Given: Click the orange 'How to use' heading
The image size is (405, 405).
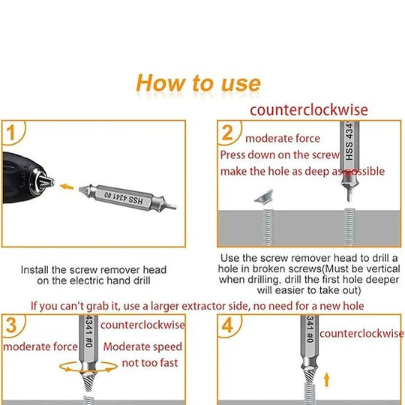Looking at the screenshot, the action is (x=198, y=83).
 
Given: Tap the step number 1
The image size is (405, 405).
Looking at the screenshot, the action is (x=10, y=133).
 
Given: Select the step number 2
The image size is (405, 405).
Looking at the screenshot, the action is (x=227, y=133).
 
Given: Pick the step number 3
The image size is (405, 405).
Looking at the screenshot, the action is (x=11, y=325).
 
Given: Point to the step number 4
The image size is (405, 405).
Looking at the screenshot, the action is (x=227, y=325).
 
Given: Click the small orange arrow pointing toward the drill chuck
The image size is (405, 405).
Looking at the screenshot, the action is (x=67, y=187).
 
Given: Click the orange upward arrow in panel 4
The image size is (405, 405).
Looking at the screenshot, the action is (x=327, y=379).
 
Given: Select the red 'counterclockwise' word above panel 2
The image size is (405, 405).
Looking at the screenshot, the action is (x=309, y=109).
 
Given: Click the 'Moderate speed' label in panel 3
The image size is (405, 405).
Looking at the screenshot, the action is (x=142, y=346).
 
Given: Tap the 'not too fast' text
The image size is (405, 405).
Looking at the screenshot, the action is (x=150, y=363).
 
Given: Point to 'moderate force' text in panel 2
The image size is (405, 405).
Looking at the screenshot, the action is (x=283, y=139).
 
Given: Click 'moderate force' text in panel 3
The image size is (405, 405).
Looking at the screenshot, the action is (x=40, y=346).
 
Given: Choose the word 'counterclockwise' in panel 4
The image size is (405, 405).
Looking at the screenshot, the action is (x=361, y=334).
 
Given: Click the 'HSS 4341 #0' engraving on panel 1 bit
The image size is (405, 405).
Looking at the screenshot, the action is (x=124, y=198).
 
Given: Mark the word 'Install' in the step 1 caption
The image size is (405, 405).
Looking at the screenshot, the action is (x=34, y=270).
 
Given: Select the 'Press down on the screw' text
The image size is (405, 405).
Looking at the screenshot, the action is (x=280, y=155).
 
